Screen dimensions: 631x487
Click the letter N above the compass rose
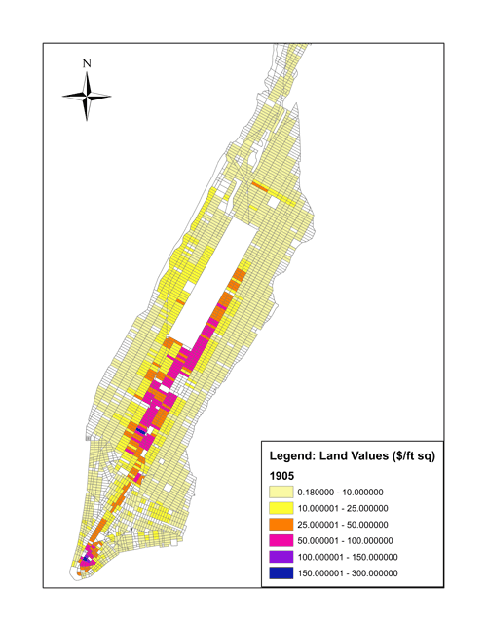(x=88, y=64)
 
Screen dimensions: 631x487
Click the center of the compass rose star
(x=88, y=96)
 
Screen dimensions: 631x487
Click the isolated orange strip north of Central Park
(x=259, y=184)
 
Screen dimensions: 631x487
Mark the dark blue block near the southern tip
(x=89, y=560)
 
